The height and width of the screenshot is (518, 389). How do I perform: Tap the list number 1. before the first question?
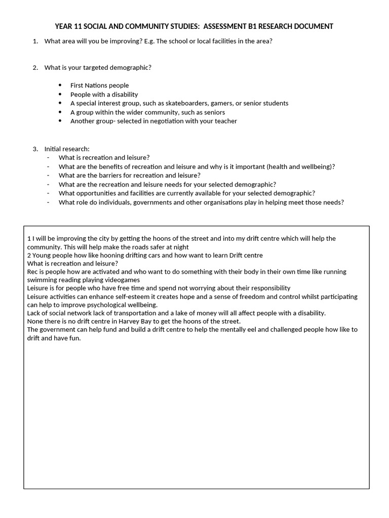click(35, 41)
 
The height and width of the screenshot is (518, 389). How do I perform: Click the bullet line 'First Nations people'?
click(99, 85)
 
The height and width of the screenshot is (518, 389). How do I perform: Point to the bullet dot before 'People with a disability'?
click(60, 95)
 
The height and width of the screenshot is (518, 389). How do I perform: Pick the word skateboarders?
click(187, 103)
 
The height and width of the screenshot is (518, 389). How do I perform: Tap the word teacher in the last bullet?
click(225, 121)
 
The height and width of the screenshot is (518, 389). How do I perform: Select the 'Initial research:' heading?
click(67, 149)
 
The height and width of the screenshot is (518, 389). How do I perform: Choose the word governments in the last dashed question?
click(149, 202)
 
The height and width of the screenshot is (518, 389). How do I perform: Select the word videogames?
click(122, 280)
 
